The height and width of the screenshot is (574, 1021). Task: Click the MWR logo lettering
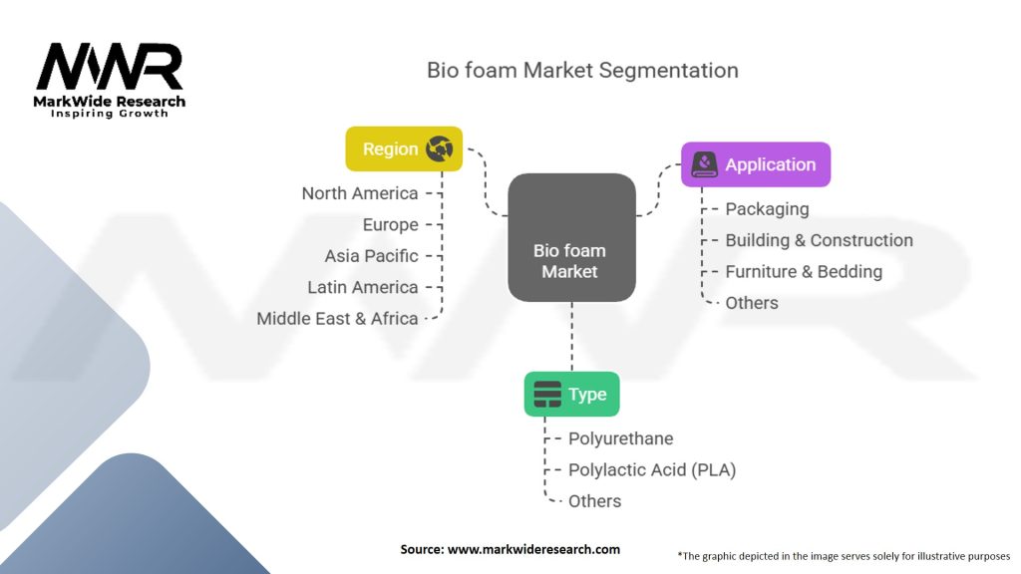click(x=110, y=67)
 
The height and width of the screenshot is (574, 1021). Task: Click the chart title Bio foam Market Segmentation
click(x=582, y=71)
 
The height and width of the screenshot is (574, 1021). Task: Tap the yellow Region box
click(x=404, y=149)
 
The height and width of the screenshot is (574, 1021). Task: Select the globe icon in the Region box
click(x=440, y=149)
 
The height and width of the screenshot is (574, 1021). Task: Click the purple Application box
click(x=756, y=164)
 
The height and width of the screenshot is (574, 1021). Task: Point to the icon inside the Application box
click(x=704, y=164)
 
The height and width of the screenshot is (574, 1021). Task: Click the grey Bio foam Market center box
click(x=571, y=237)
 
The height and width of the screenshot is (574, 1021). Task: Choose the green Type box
click(x=571, y=395)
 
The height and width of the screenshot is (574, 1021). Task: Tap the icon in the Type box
click(x=547, y=395)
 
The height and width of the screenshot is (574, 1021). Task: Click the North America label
click(x=359, y=193)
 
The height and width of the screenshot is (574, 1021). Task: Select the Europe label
click(x=390, y=224)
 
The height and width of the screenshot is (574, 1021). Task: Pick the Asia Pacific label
click(x=371, y=256)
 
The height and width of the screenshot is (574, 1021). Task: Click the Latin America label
click(x=363, y=287)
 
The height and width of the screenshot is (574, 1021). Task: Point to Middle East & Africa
click(x=337, y=318)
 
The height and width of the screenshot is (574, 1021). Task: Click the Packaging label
click(x=767, y=209)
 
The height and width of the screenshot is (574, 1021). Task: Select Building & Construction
click(x=820, y=240)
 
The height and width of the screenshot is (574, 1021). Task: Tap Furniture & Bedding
click(x=805, y=271)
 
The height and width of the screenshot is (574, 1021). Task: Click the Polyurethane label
click(x=620, y=438)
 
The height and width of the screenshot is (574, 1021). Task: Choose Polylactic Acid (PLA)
click(x=652, y=470)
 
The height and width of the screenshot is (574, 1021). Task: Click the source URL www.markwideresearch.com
click(x=533, y=549)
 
